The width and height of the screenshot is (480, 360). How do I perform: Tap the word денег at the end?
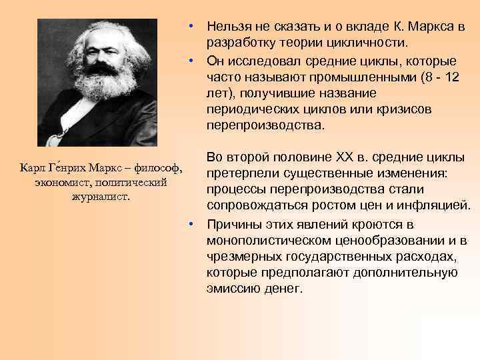tap(285, 289)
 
